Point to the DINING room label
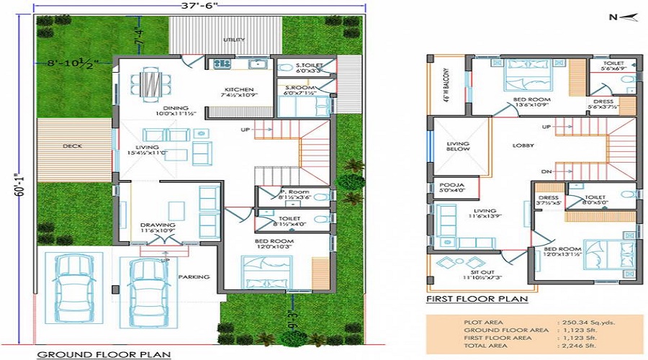tap(175, 109)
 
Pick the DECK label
tap(71, 145)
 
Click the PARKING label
tap(194, 276)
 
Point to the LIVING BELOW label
tap(458, 146)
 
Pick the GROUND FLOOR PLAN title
tap(103, 354)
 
